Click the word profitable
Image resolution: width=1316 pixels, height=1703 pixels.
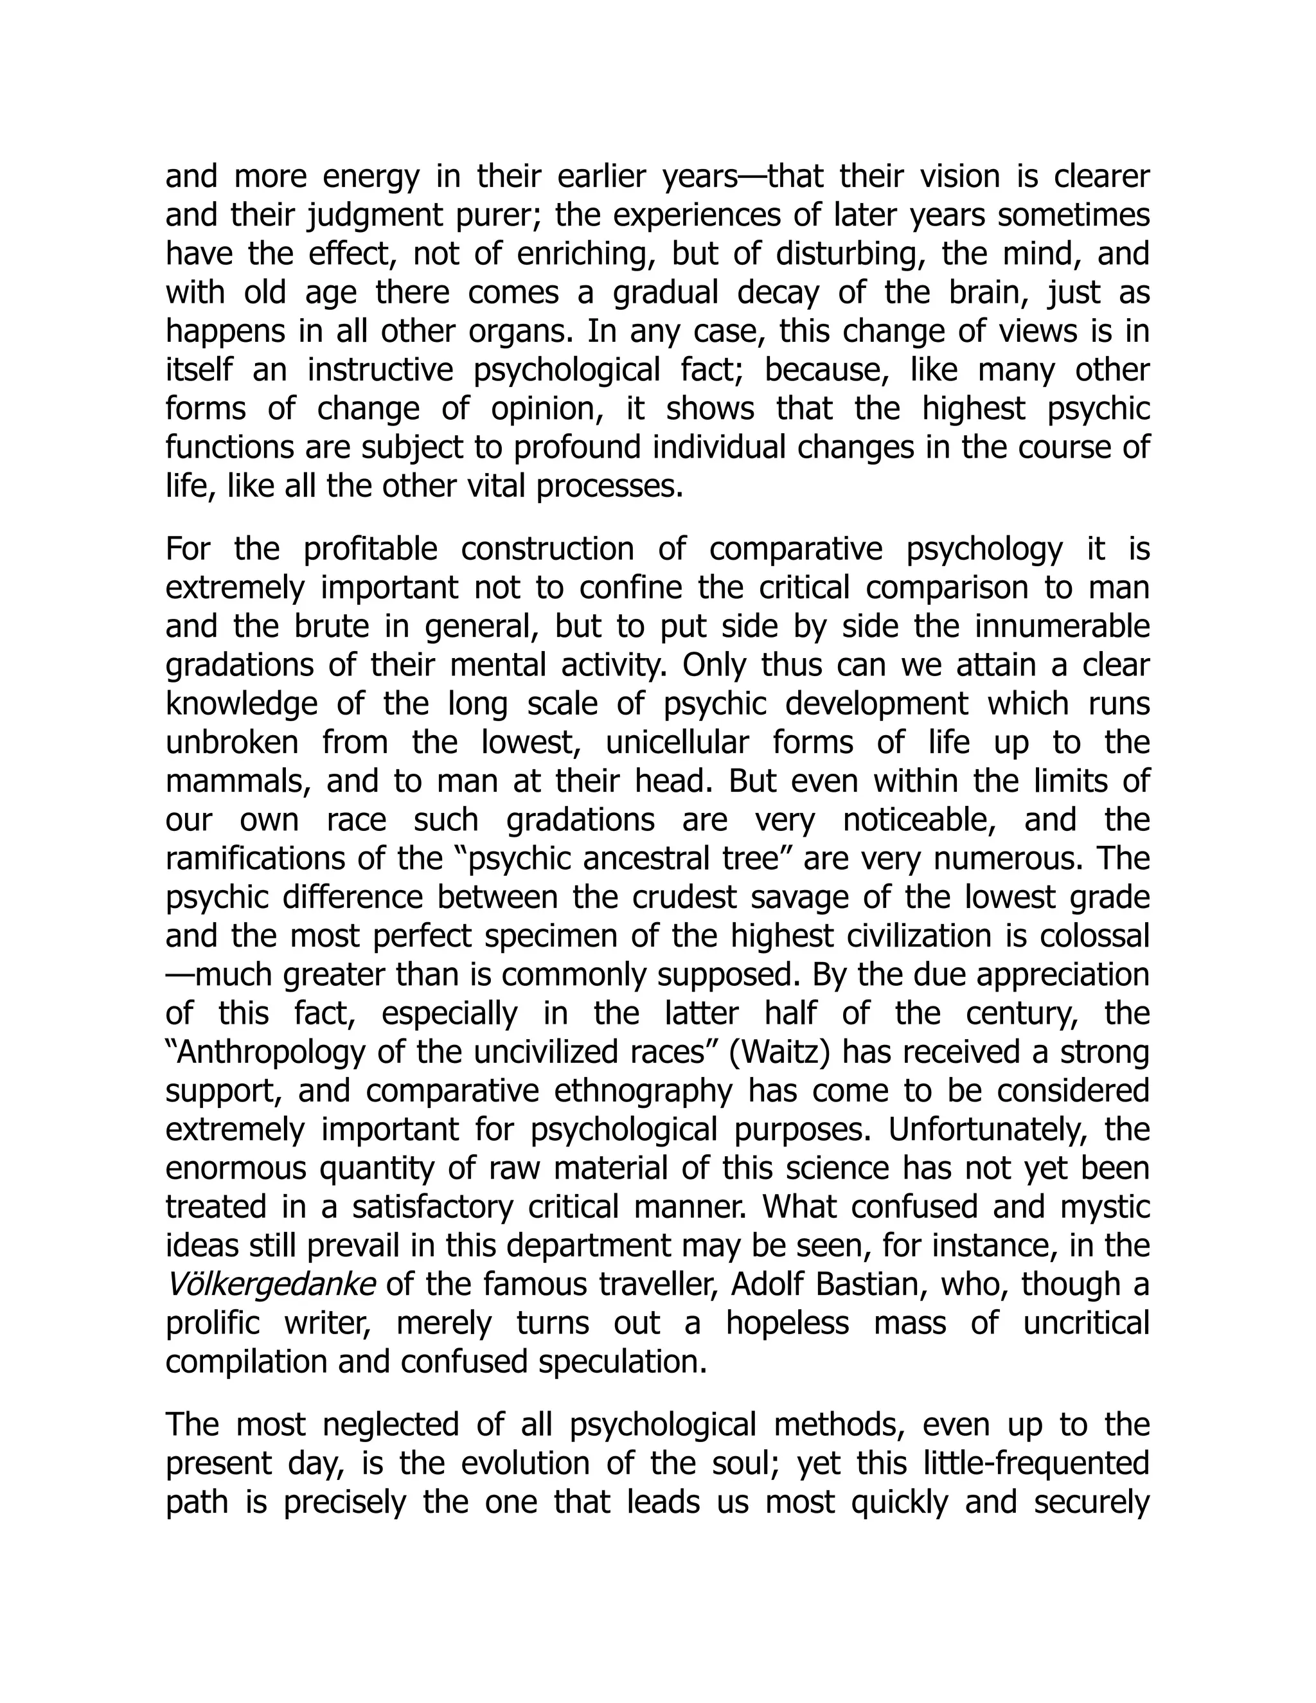(370, 549)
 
